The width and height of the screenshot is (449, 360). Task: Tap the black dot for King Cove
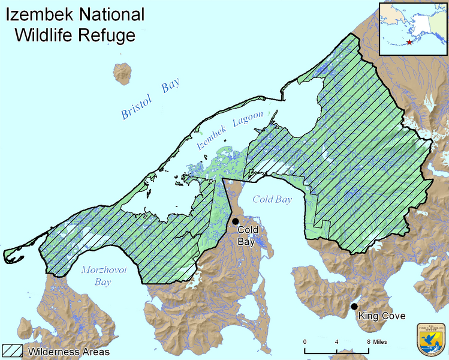(354, 307)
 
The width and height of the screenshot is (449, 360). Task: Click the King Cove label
(382, 316)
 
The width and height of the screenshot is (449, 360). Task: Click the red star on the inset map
(409, 42)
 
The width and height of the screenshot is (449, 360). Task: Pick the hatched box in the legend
(13, 350)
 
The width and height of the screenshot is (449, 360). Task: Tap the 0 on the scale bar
(305, 341)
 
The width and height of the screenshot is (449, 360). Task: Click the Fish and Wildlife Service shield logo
(430, 340)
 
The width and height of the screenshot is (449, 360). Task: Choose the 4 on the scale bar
(336, 341)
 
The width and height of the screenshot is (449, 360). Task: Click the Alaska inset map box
(412, 28)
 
